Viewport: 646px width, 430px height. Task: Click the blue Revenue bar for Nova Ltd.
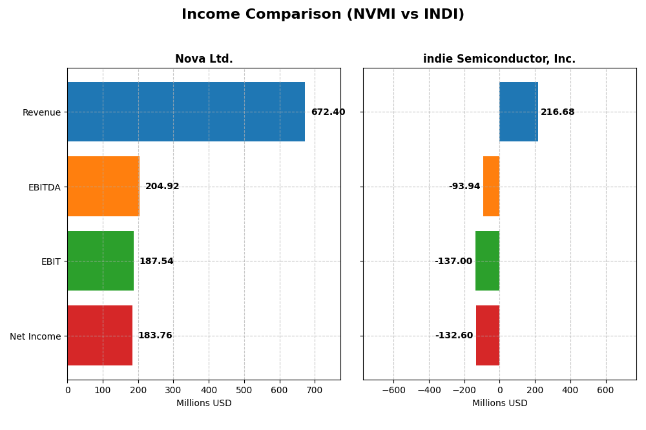point(186,112)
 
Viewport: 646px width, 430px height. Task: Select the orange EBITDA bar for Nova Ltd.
point(103,187)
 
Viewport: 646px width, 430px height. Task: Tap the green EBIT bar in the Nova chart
point(100,261)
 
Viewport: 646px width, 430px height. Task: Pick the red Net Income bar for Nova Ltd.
point(99,336)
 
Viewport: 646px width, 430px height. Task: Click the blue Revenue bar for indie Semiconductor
point(519,112)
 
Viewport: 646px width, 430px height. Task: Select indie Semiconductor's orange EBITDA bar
point(492,187)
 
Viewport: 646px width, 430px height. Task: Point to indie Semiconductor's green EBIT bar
point(488,261)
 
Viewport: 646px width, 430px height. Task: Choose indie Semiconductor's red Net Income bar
point(488,336)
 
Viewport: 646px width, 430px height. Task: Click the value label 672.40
point(328,112)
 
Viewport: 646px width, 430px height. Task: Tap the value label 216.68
point(557,112)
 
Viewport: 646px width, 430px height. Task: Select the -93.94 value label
point(464,187)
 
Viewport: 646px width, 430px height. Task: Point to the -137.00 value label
point(453,261)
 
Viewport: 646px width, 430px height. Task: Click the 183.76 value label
point(155,336)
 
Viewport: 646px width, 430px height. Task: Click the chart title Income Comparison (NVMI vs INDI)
point(323,15)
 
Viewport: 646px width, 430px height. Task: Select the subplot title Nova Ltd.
point(204,59)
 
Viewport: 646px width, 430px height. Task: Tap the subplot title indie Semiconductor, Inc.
point(499,59)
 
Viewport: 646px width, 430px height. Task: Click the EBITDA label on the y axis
point(45,187)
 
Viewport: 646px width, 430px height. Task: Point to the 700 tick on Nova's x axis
point(315,391)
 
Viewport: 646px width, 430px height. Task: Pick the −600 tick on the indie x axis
point(393,391)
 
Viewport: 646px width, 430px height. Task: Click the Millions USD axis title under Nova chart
point(204,404)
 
